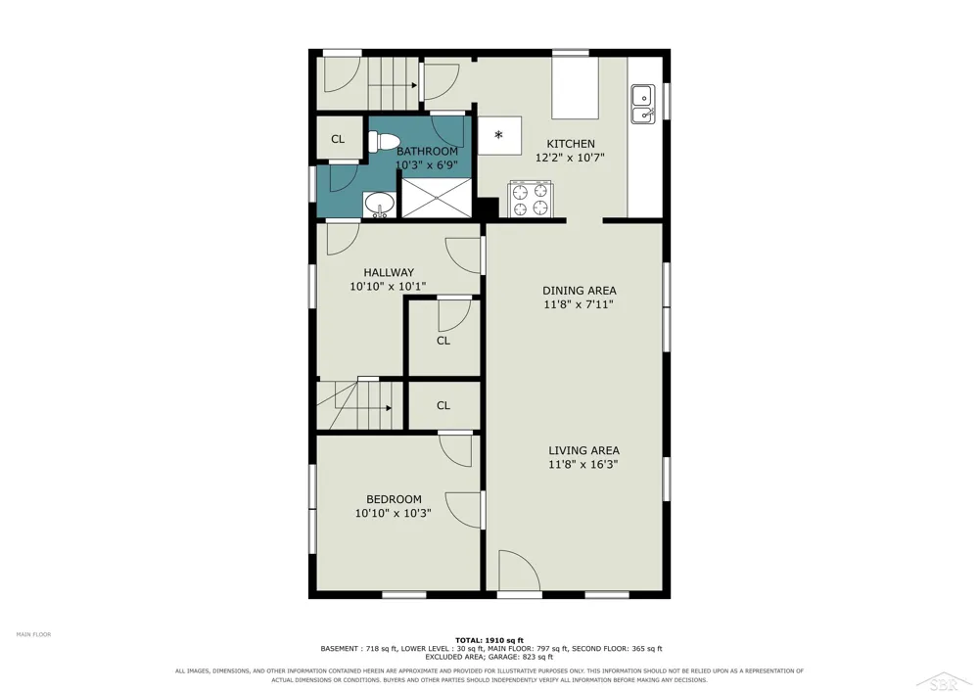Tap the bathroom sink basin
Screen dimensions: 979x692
click(x=380, y=204)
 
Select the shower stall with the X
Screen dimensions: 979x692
click(x=437, y=198)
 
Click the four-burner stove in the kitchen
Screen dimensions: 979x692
click(x=531, y=199)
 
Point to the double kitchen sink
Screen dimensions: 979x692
click(x=642, y=104)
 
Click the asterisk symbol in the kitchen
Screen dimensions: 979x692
click(x=499, y=135)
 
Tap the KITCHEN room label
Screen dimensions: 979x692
click(x=571, y=144)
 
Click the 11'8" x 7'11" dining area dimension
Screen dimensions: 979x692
click(x=579, y=304)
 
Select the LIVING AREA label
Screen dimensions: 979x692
click(x=583, y=450)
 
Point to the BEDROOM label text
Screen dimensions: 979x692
click(x=394, y=499)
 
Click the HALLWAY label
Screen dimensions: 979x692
click(x=389, y=273)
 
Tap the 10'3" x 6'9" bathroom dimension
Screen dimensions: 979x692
click(x=427, y=165)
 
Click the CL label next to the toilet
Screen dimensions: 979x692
click(x=338, y=139)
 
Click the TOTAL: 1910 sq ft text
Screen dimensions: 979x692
click(x=489, y=640)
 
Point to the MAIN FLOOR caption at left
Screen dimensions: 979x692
click(x=33, y=634)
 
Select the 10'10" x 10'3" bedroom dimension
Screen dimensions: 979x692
click(x=394, y=514)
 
